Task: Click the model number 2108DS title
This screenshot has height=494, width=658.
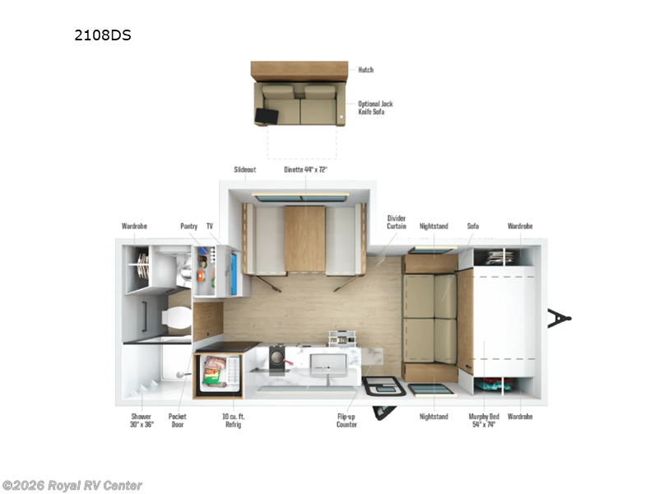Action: point(103,35)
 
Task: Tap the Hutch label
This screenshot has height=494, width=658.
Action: point(365,70)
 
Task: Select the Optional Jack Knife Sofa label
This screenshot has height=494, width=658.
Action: point(375,108)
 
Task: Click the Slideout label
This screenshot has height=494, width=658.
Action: point(245,170)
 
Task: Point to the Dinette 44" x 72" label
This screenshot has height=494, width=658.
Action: point(306,170)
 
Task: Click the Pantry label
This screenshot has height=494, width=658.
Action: point(188,225)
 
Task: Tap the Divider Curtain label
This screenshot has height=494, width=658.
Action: point(396,223)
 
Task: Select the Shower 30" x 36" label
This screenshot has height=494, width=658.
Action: point(141,421)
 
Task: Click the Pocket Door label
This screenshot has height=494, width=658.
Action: point(178,421)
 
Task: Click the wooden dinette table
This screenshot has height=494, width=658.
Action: point(304,239)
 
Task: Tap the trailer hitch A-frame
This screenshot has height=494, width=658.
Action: point(560,318)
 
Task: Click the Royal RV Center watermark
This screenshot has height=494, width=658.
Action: point(72,486)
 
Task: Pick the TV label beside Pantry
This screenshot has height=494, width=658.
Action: point(209,225)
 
